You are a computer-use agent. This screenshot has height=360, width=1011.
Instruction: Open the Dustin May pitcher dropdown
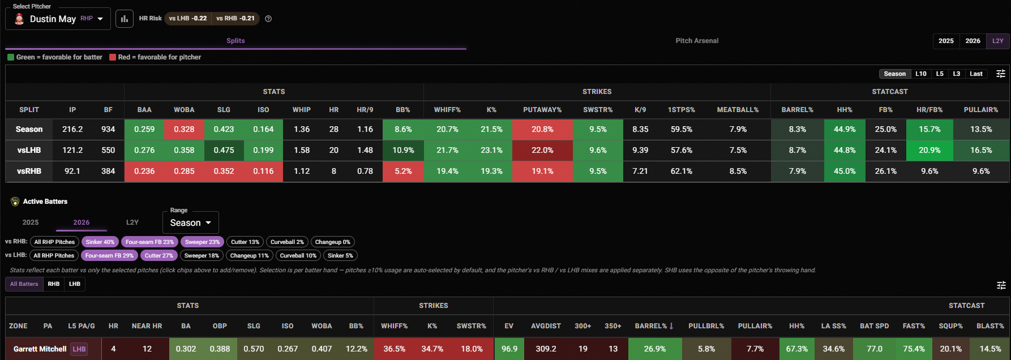coord(58,19)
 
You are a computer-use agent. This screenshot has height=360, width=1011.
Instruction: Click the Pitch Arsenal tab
coord(697,41)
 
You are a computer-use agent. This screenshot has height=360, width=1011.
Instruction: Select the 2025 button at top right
coord(946,41)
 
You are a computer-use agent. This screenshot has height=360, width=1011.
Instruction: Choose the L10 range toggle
coord(921,74)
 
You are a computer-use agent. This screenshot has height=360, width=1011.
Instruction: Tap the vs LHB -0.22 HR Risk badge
coord(188,18)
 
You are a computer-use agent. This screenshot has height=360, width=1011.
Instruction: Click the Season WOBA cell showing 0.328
coord(184,129)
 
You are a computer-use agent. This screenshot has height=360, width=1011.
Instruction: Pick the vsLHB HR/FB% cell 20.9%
coord(929,150)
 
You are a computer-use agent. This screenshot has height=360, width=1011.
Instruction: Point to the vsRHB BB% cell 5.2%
coord(403,171)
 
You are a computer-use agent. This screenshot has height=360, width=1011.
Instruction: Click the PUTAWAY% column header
coord(542,110)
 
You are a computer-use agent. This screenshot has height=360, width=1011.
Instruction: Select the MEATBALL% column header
coord(738,110)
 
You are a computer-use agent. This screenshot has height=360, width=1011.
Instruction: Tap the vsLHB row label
coord(29,150)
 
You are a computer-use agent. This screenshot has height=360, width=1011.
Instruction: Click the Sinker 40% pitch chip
coord(100,242)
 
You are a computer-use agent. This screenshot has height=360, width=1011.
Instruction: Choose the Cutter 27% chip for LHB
coord(159,255)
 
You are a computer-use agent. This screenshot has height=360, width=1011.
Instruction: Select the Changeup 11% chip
coord(250,255)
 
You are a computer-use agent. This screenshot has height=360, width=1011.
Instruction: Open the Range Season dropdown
coord(191,222)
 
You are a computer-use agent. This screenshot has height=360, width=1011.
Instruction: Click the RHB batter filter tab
coord(54,284)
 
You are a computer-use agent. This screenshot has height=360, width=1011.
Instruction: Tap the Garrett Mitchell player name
coord(40,349)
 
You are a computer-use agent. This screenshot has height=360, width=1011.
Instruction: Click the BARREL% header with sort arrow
coord(654,326)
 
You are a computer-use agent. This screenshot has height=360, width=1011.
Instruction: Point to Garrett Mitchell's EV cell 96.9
coord(509,349)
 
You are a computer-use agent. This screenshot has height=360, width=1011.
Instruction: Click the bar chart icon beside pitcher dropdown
coord(125,19)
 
